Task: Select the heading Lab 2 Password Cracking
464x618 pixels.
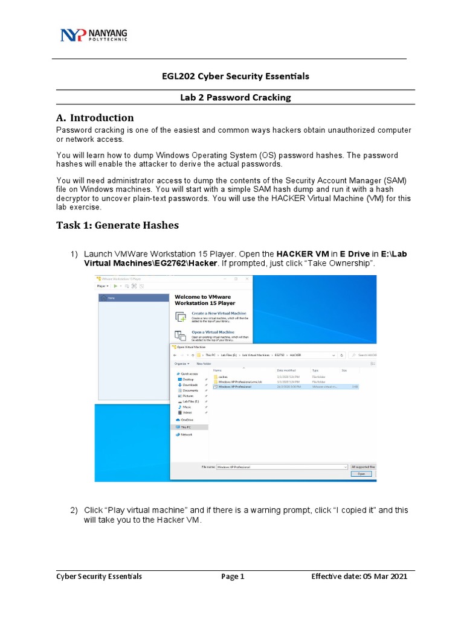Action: (x=231, y=97)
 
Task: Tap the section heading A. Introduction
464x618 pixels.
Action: (x=95, y=118)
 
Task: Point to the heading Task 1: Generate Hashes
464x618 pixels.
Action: (x=117, y=225)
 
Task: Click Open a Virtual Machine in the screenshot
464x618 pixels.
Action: (x=213, y=332)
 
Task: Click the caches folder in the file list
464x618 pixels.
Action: (x=223, y=376)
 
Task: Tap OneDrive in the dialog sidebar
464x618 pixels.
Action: (x=187, y=419)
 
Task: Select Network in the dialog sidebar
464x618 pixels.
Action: (x=186, y=435)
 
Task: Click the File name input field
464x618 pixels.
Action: (x=281, y=467)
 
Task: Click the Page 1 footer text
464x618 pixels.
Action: (x=233, y=576)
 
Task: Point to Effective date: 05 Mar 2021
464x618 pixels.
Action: (x=359, y=576)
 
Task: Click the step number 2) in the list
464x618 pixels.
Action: (x=74, y=511)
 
